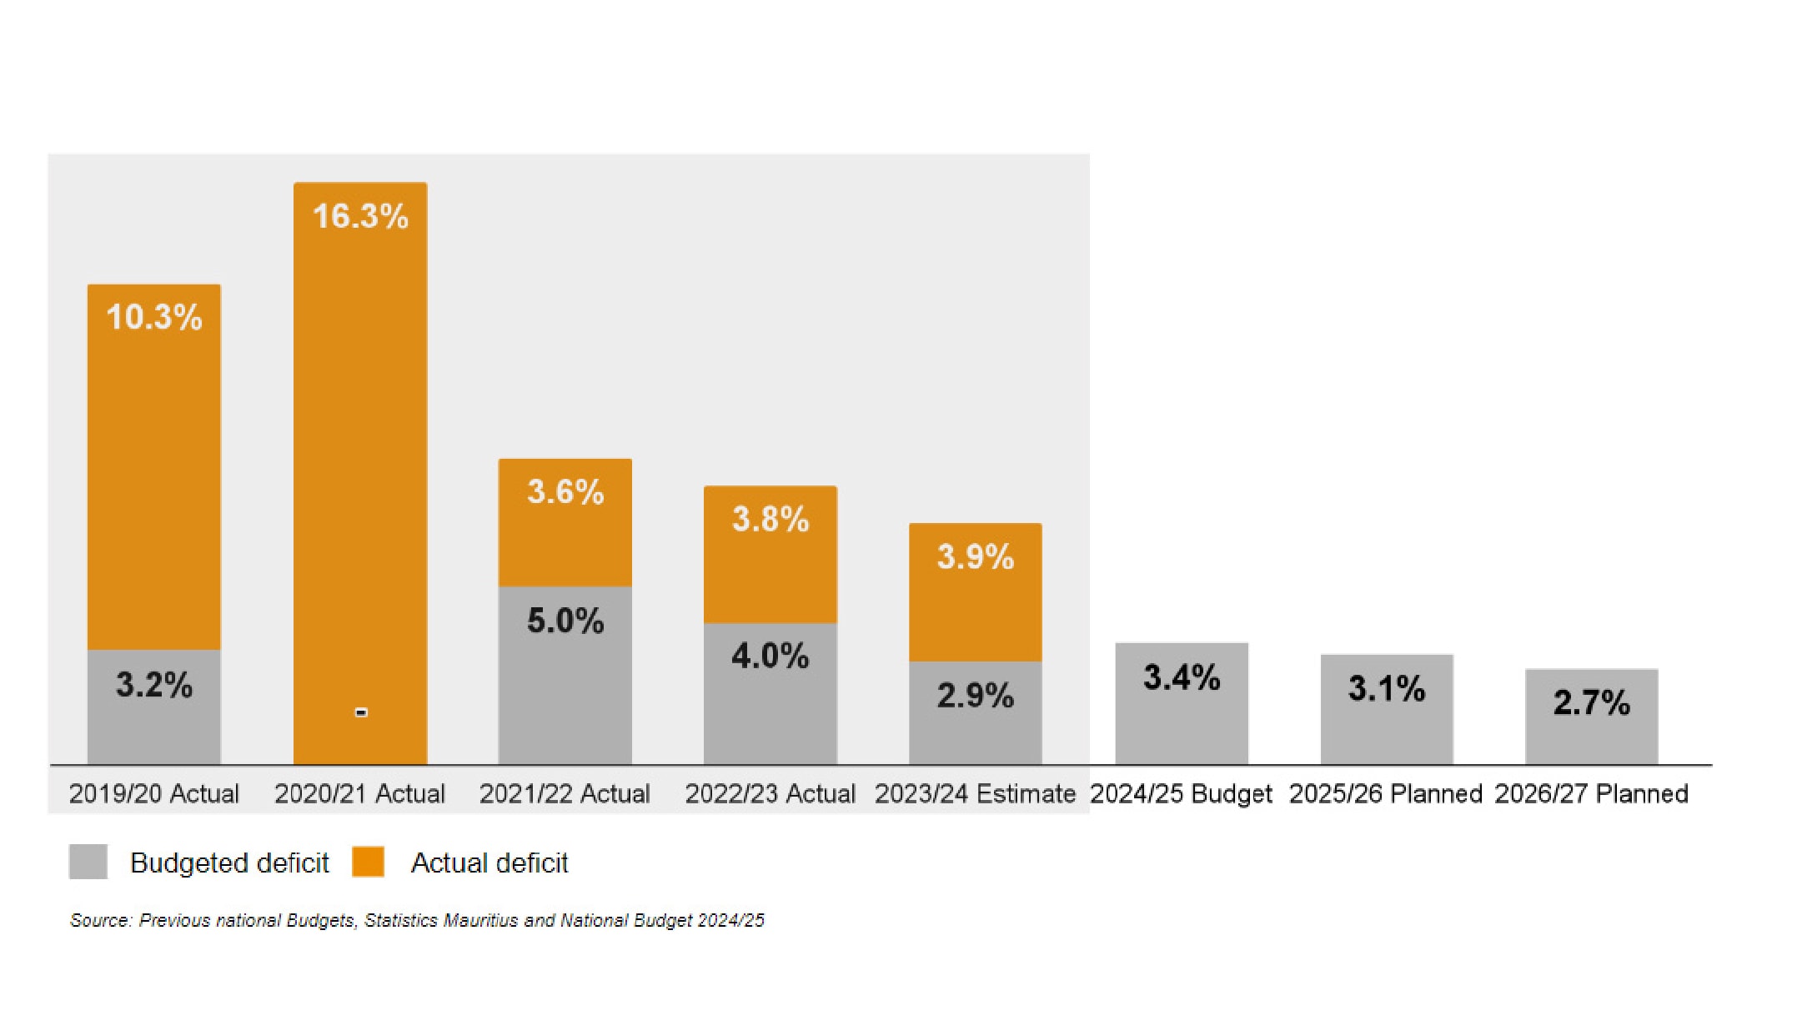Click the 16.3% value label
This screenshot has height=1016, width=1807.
coord(360,216)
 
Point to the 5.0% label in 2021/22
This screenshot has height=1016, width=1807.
coord(565,621)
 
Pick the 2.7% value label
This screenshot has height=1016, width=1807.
coord(1591,702)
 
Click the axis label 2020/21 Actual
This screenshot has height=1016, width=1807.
coord(359,793)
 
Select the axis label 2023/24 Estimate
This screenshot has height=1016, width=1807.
coord(975,793)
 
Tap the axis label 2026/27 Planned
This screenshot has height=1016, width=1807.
coord(1591,793)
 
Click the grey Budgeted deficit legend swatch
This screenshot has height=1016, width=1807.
coord(88,862)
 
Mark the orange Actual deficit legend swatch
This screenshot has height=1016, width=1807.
coord(368,862)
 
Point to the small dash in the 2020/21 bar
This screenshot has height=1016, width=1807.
coord(361,712)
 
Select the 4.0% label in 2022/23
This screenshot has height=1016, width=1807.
coord(770,656)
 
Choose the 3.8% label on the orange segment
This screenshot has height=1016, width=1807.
coord(770,519)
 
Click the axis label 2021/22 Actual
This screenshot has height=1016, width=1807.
coord(565,793)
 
